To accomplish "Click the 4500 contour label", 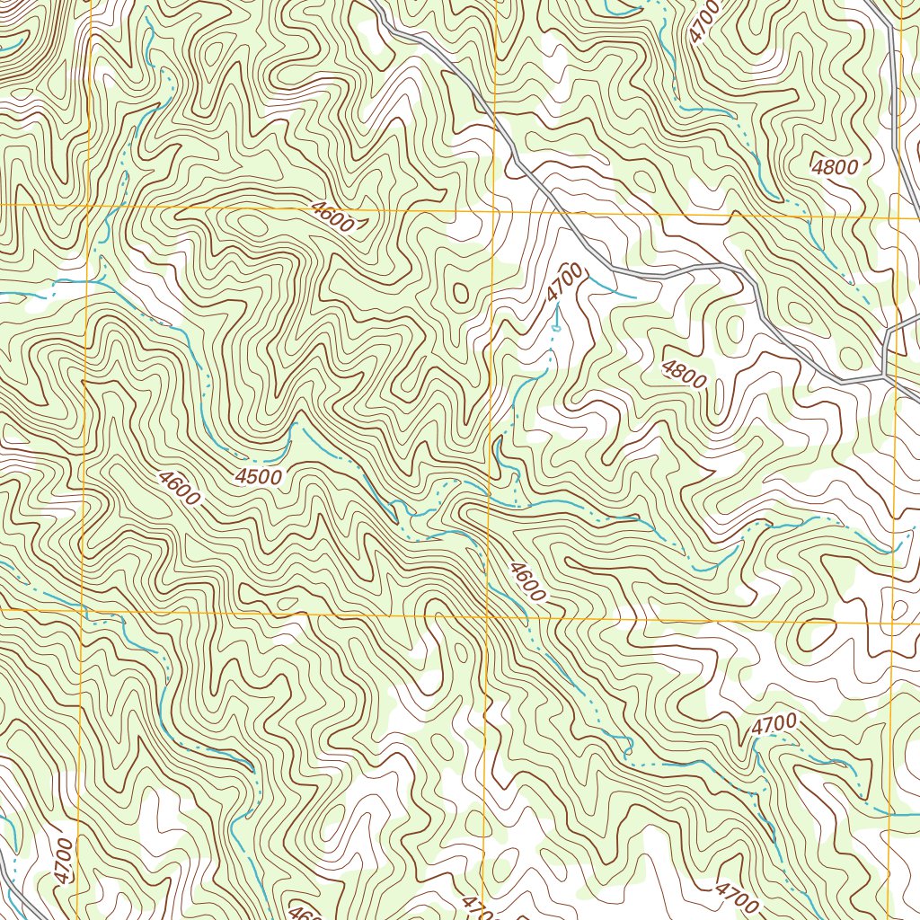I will [x=259, y=477].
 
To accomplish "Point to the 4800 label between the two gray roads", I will [x=835, y=166].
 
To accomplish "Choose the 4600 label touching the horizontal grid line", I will [x=332, y=217].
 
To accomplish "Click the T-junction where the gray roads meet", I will [x=886, y=375].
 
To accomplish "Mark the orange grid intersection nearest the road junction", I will [x=898, y=216].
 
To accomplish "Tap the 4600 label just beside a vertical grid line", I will [x=526, y=581].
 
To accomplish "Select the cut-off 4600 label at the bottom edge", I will [x=305, y=911].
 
